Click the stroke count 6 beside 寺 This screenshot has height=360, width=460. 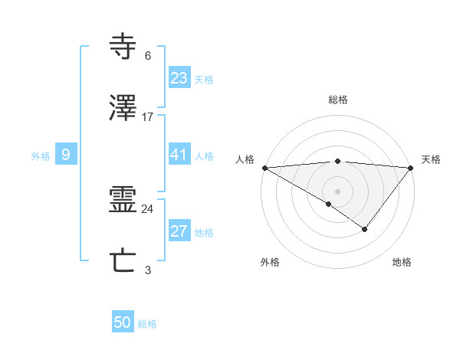pyautogui.click(x=148, y=56)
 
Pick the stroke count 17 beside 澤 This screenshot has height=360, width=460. pyautogui.click(x=148, y=117)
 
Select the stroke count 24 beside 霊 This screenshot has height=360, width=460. pyautogui.click(x=148, y=209)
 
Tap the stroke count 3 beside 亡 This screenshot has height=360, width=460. pyautogui.click(x=148, y=270)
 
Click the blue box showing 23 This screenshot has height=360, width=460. pyautogui.click(x=179, y=78)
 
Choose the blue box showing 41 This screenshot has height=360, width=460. pyautogui.click(x=179, y=155)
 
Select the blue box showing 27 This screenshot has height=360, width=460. pyautogui.click(x=179, y=231)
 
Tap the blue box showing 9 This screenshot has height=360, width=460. pyautogui.click(x=66, y=155)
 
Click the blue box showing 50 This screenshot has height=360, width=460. pyautogui.click(x=123, y=323)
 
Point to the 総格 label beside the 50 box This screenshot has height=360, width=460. pyautogui.click(x=148, y=324)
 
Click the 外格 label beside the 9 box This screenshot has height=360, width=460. pyautogui.click(x=41, y=155)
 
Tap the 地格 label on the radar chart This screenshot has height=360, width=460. pyautogui.click(x=402, y=262)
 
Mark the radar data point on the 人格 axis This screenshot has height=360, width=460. pyautogui.click(x=264, y=168)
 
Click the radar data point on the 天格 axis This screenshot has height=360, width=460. pyautogui.click(x=411, y=168)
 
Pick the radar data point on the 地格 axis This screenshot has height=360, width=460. pyautogui.click(x=365, y=229)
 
